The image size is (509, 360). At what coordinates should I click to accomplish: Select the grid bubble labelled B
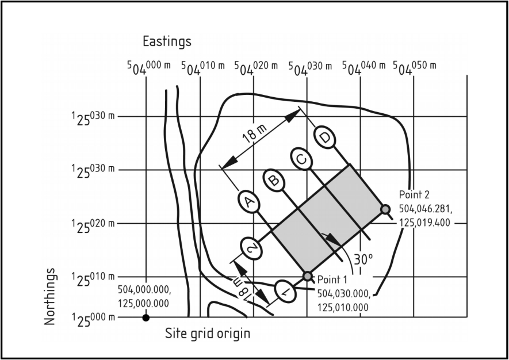[274, 181]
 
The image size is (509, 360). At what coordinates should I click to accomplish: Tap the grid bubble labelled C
[300, 159]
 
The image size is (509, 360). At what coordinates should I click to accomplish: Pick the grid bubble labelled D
[326, 138]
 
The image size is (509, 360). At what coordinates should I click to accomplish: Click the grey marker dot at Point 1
[308, 277]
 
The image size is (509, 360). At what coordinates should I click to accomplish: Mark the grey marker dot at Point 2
[385, 209]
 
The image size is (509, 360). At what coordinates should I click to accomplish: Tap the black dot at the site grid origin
[146, 317]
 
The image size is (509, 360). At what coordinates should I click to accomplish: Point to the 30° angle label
[363, 259]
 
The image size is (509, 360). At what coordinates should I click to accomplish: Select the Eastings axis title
[167, 41]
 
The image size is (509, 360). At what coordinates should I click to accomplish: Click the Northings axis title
[51, 296]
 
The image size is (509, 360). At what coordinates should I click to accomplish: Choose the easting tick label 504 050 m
[415, 67]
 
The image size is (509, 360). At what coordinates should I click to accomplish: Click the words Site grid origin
[208, 334]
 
